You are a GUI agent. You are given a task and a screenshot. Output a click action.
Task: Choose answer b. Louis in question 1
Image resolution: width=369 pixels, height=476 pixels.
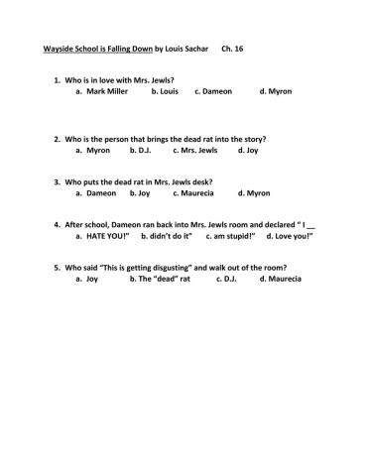point(166,91)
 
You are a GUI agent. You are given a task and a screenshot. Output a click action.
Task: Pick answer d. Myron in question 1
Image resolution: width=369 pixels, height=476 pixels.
point(276,91)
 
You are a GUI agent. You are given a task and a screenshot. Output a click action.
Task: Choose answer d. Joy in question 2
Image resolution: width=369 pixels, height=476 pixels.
point(248,151)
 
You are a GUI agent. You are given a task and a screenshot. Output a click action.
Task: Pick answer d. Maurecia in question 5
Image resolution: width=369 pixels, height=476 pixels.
point(281,280)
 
